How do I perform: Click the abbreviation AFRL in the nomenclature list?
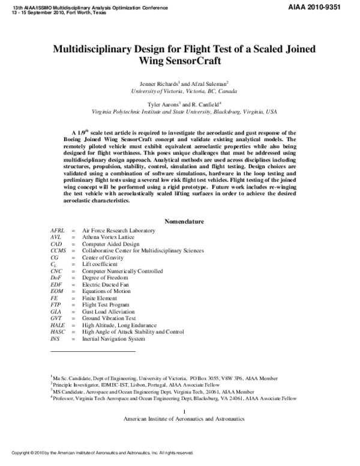tap(58, 231)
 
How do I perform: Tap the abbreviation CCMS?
tap(58, 250)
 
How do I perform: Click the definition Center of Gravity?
tap(106, 258)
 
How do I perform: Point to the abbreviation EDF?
tap(56, 285)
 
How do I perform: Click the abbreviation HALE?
tap(58, 325)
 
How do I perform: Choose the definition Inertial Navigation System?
tap(113, 339)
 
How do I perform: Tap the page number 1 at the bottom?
tap(184, 411)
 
